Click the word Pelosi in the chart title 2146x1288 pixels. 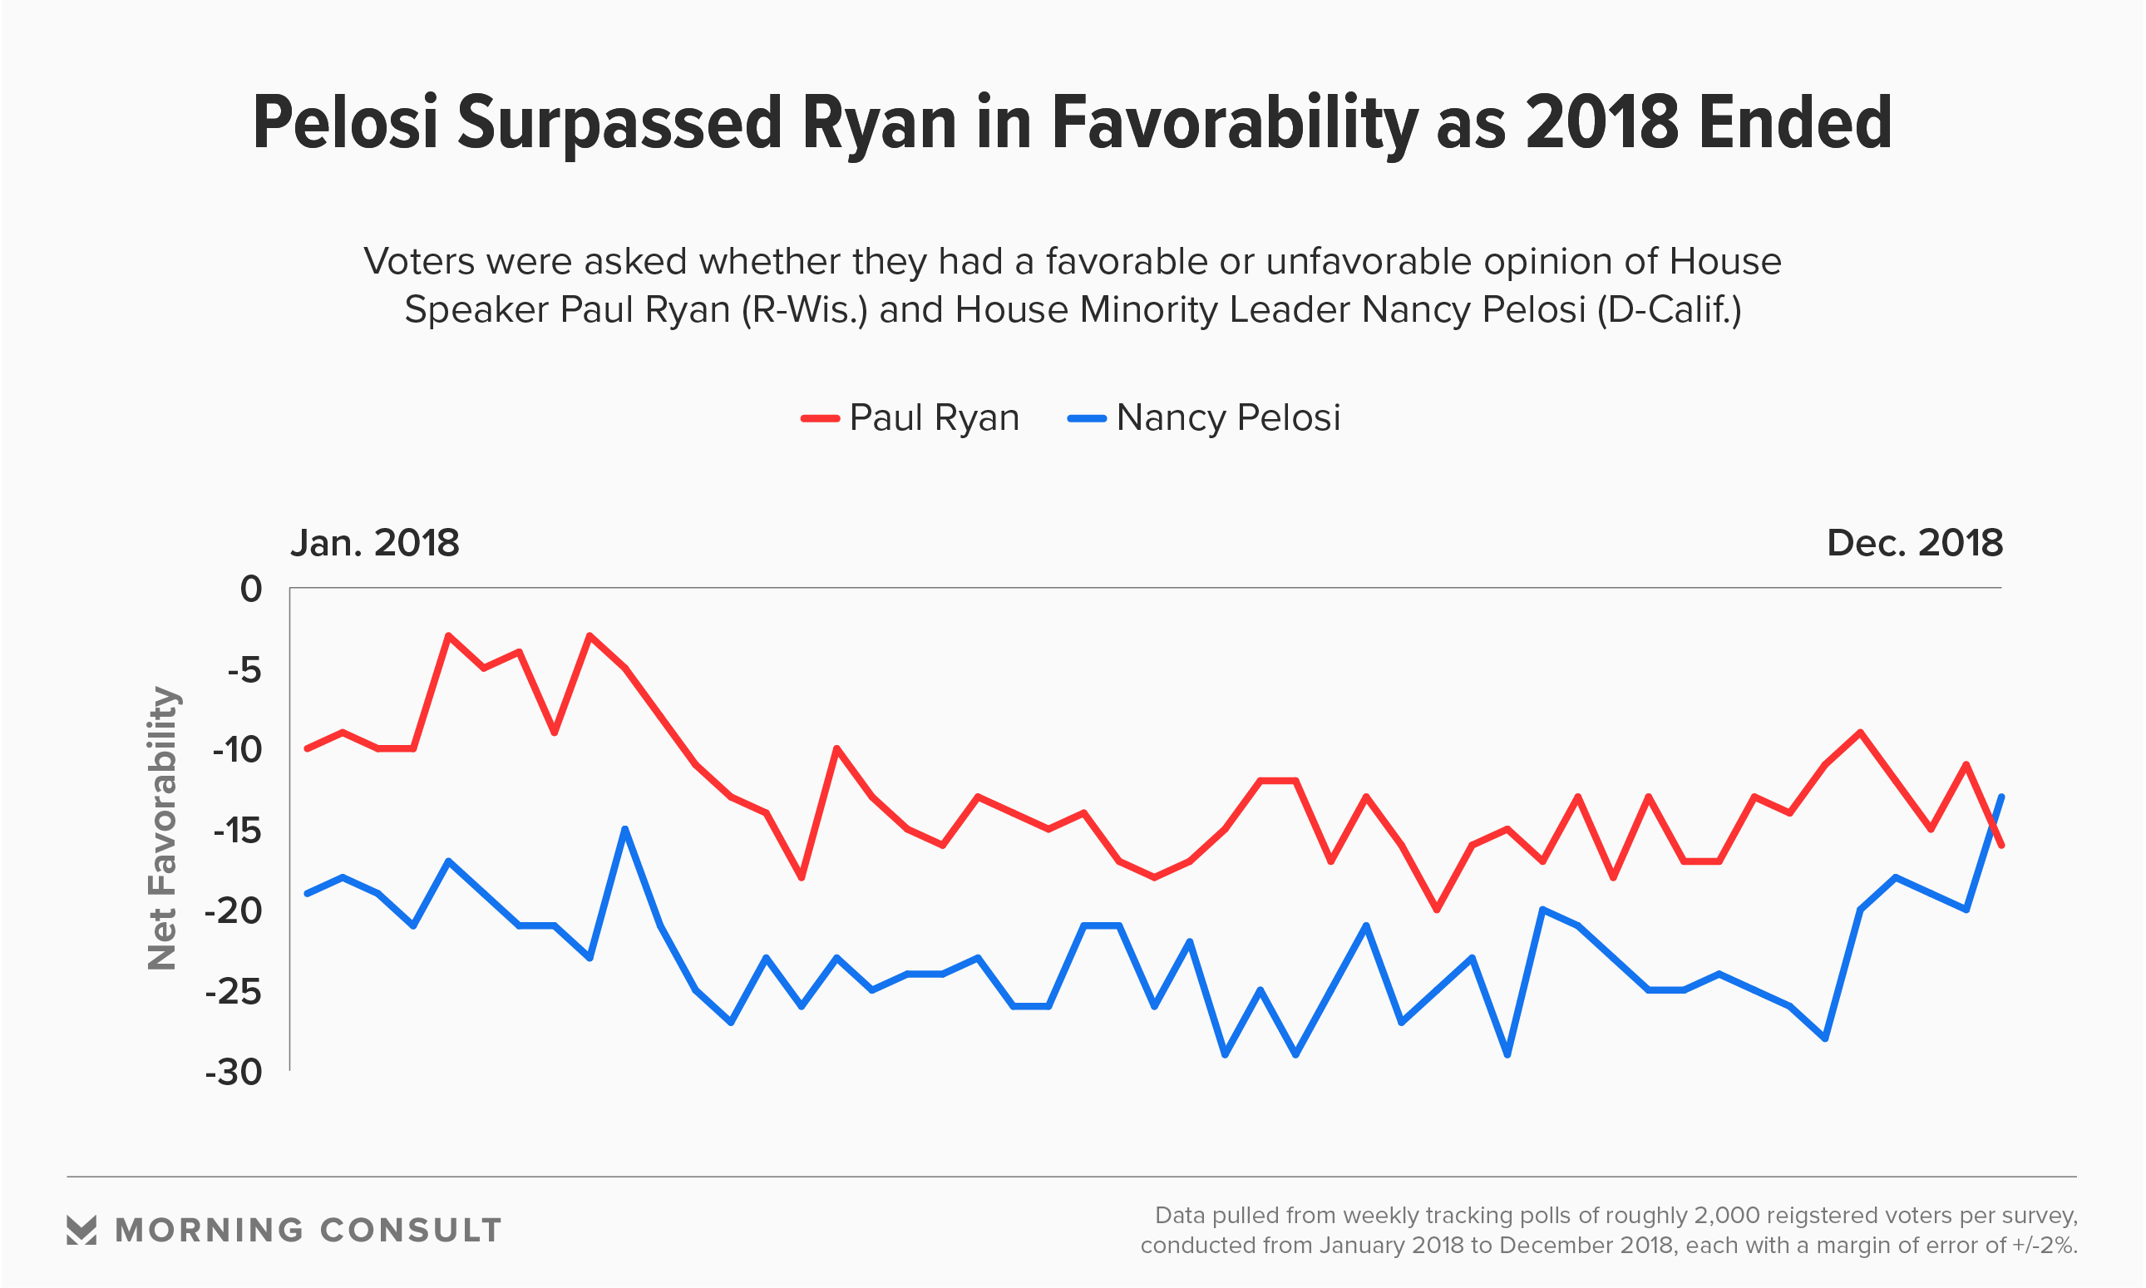pyautogui.click(x=345, y=123)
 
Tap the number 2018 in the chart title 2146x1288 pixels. pyautogui.click(x=1602, y=123)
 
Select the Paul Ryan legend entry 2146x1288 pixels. pyautogui.click(x=910, y=417)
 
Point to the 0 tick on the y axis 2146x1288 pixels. pyautogui.click(x=251, y=590)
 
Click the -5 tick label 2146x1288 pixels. pyautogui.click(x=244, y=670)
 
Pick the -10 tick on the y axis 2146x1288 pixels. pyautogui.click(x=237, y=750)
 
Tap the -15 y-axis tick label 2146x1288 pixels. pyautogui.click(x=237, y=831)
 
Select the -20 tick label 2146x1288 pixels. pyautogui.click(x=234, y=911)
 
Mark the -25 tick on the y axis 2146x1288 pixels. pyautogui.click(x=234, y=991)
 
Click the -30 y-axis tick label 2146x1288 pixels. pyautogui.click(x=234, y=1073)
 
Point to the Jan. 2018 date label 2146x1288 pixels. pyautogui.click(x=375, y=543)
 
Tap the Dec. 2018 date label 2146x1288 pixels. pyautogui.click(x=1914, y=543)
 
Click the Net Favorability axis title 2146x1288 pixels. pyautogui.click(x=162, y=828)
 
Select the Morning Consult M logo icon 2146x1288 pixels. pyautogui.click(x=81, y=1230)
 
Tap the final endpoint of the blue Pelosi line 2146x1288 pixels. pyautogui.click(x=2001, y=797)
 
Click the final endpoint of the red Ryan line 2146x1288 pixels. pyautogui.click(x=2001, y=846)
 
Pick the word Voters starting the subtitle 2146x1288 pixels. pyautogui.click(x=419, y=261)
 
